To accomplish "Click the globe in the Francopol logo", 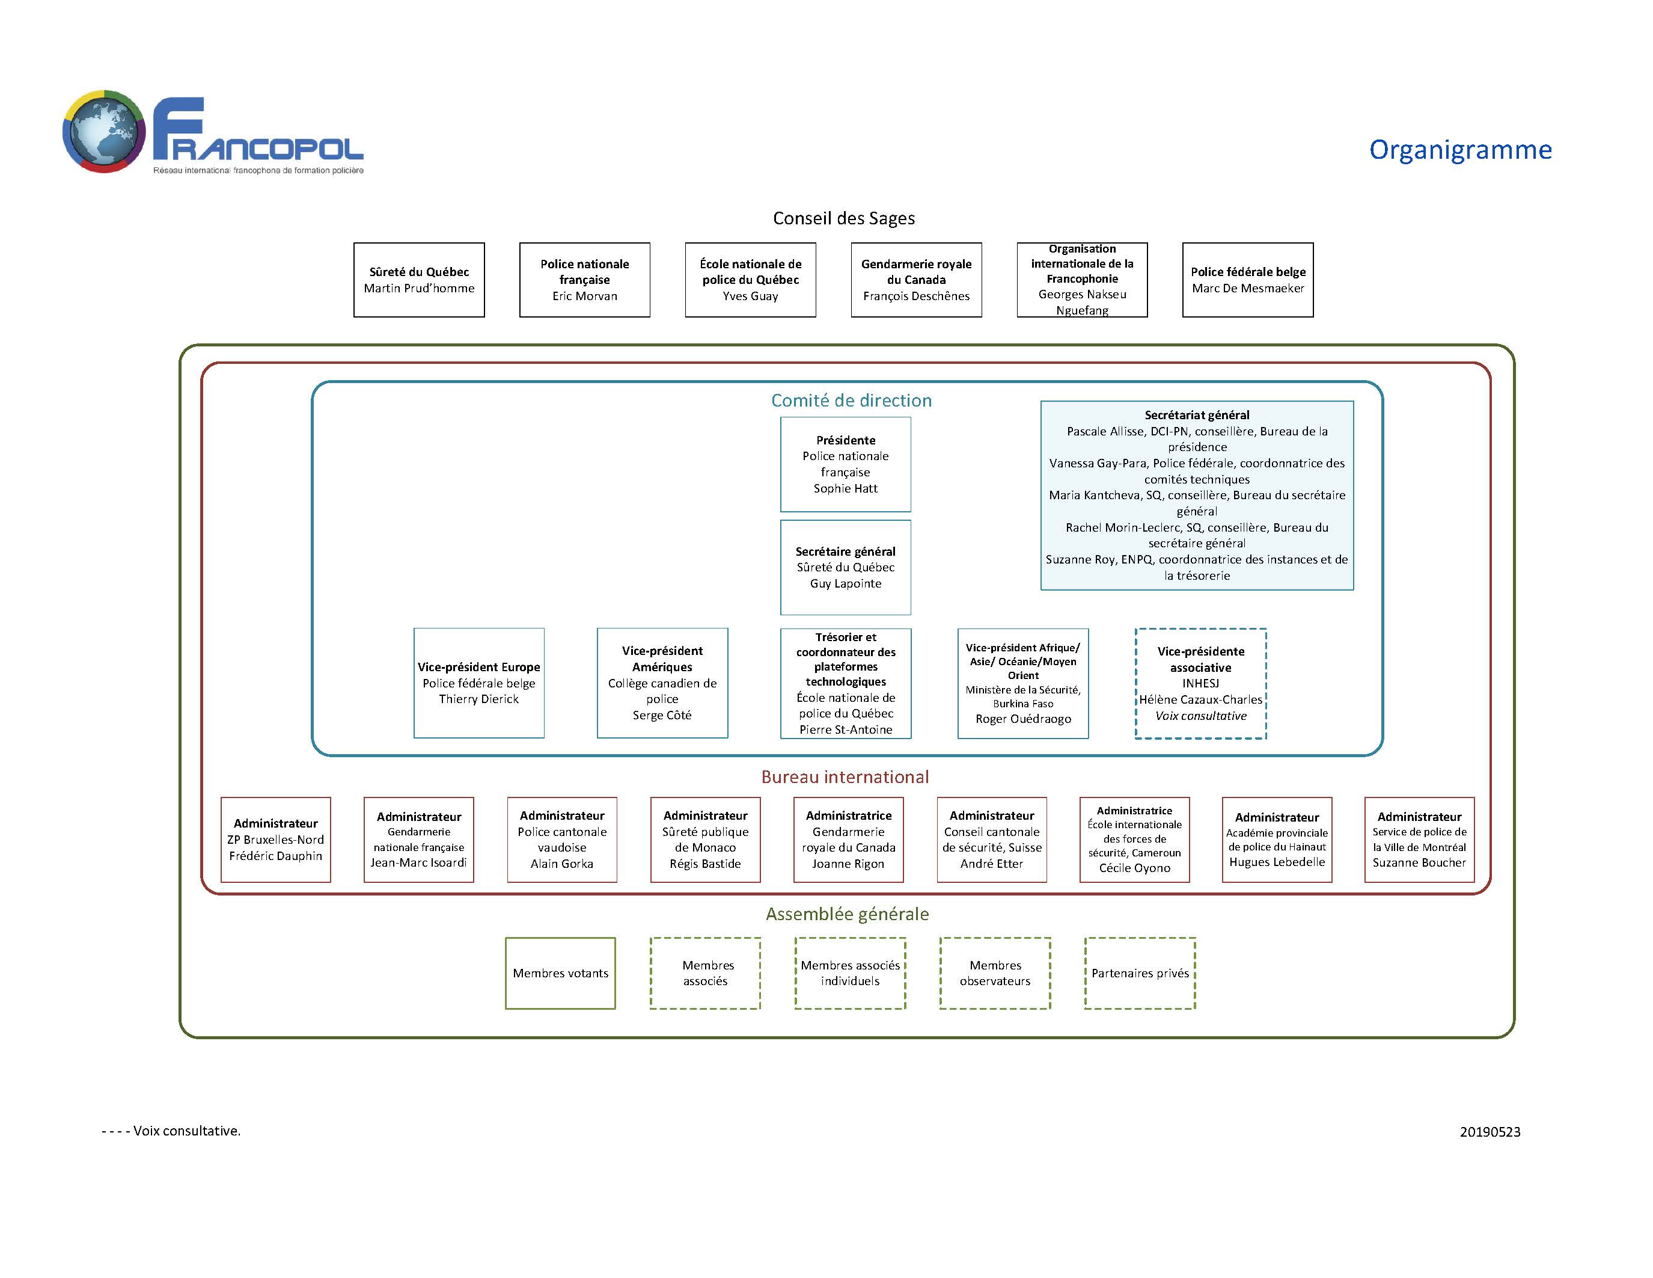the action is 104,131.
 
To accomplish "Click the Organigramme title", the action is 1460,150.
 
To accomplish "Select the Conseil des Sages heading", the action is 844,218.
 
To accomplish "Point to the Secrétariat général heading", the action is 1197,415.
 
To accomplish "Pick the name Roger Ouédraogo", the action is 1022,719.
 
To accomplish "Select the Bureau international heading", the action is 845,777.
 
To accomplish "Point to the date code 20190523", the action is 1490,1132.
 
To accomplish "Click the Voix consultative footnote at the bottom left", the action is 171,1131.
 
